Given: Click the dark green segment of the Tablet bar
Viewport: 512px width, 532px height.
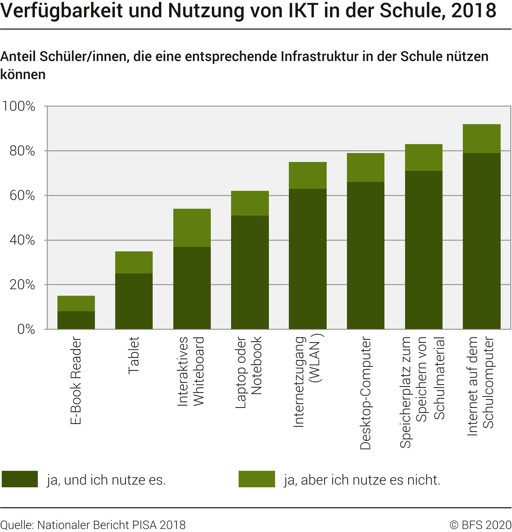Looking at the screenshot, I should click(134, 301).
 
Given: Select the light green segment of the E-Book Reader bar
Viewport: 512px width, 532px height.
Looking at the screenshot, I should click(76, 303).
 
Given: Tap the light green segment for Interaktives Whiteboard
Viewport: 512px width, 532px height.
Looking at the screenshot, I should click(192, 228).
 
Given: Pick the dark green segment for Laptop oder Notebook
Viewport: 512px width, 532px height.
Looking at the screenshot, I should click(250, 272).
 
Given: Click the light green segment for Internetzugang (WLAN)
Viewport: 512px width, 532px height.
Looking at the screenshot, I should click(307, 175).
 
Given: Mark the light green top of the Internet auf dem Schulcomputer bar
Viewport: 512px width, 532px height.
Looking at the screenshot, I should click(481, 139).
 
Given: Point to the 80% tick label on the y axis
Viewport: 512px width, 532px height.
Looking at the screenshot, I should click(22, 151).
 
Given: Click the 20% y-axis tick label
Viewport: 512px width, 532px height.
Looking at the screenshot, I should click(22, 285).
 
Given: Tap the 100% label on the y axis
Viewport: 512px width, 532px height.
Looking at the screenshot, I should click(19, 106).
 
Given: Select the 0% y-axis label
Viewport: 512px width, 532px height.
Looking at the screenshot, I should click(26, 329).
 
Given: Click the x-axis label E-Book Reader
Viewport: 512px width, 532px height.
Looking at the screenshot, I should click(76, 380).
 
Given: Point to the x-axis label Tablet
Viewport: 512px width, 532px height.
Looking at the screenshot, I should click(134, 355).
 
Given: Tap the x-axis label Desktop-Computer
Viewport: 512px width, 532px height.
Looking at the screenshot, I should click(366, 393).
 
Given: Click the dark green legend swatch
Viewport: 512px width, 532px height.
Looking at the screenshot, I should click(20, 479).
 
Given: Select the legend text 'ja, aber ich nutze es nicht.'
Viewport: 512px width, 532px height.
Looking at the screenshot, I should click(362, 480).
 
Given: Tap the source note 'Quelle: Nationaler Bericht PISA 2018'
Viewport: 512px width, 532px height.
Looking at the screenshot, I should click(93, 525).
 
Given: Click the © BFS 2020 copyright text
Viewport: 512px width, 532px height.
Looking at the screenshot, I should click(481, 525).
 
